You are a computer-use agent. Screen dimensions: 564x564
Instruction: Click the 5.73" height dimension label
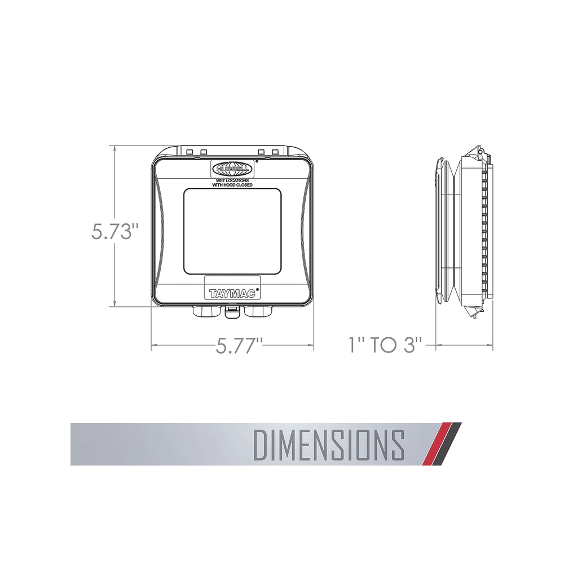coord(115,232)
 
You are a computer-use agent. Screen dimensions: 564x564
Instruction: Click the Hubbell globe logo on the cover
coord(231,168)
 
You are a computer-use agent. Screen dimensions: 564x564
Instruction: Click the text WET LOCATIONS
coord(232,180)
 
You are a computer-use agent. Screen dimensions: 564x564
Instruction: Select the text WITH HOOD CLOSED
coord(232,185)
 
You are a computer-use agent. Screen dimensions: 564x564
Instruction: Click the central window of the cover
coord(232,231)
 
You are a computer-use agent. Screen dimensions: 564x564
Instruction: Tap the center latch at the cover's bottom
coord(231,311)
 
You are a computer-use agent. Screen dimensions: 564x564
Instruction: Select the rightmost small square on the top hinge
coord(275,152)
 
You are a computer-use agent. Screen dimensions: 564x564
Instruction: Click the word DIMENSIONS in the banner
coord(329,444)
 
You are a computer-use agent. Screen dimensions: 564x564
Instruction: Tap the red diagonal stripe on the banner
coord(437,444)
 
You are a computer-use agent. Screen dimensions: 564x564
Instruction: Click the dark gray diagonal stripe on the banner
coord(448,444)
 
